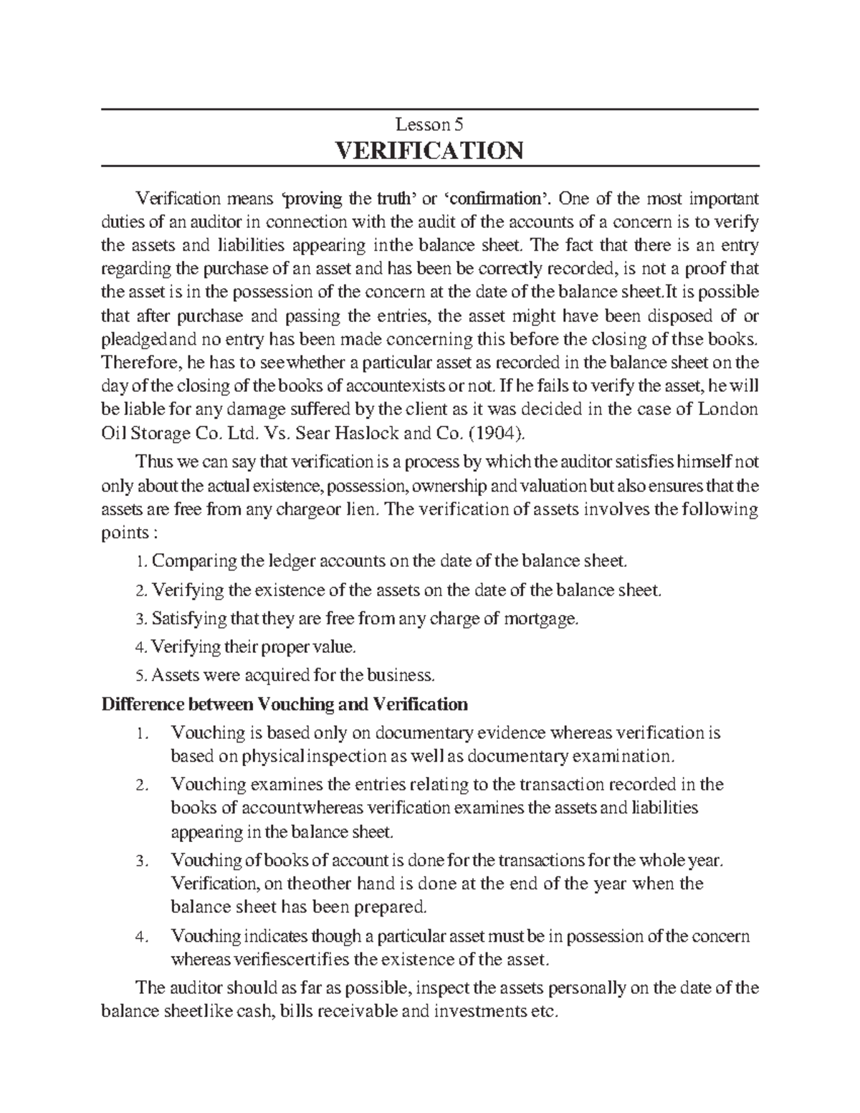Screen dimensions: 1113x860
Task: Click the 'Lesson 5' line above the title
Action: point(429,125)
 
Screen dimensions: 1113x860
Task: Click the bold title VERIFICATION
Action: point(429,151)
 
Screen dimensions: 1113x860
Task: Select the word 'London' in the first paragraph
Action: point(728,410)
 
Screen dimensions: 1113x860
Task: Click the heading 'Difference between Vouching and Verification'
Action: point(285,704)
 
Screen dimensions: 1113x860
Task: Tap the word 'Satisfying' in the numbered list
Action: point(185,618)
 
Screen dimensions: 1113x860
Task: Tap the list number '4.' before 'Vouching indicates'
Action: point(142,937)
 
